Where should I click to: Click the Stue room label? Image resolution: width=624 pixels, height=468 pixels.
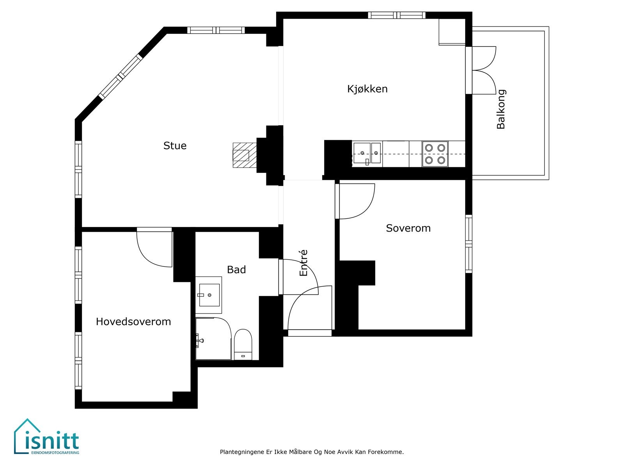pos(175,146)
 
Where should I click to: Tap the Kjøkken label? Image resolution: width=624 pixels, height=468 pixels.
pos(367,89)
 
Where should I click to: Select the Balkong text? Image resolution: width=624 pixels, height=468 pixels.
pos(501,110)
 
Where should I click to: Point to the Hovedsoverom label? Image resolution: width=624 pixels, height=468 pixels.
pos(133,322)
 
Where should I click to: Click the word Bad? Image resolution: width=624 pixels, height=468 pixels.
pos(236,269)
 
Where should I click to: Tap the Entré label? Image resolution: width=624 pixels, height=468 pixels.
pos(303,262)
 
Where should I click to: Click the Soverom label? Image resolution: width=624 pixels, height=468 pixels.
pos(408,228)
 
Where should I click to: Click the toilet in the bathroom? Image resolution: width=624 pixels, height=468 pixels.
pos(243,345)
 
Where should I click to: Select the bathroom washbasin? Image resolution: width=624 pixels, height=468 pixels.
pos(209,295)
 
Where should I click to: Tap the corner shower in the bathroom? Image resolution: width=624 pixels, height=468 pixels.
pos(213,339)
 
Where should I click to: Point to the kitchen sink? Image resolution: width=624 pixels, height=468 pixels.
pos(367,154)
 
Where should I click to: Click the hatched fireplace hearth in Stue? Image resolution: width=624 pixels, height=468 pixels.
pos(245,155)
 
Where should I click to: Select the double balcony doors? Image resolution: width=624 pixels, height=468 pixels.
pos(481,70)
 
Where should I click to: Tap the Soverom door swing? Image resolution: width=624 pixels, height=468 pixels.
pos(355,201)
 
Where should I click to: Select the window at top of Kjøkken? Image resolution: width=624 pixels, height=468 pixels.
pos(397,15)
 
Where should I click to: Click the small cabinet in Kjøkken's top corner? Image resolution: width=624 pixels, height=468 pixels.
pos(452,32)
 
